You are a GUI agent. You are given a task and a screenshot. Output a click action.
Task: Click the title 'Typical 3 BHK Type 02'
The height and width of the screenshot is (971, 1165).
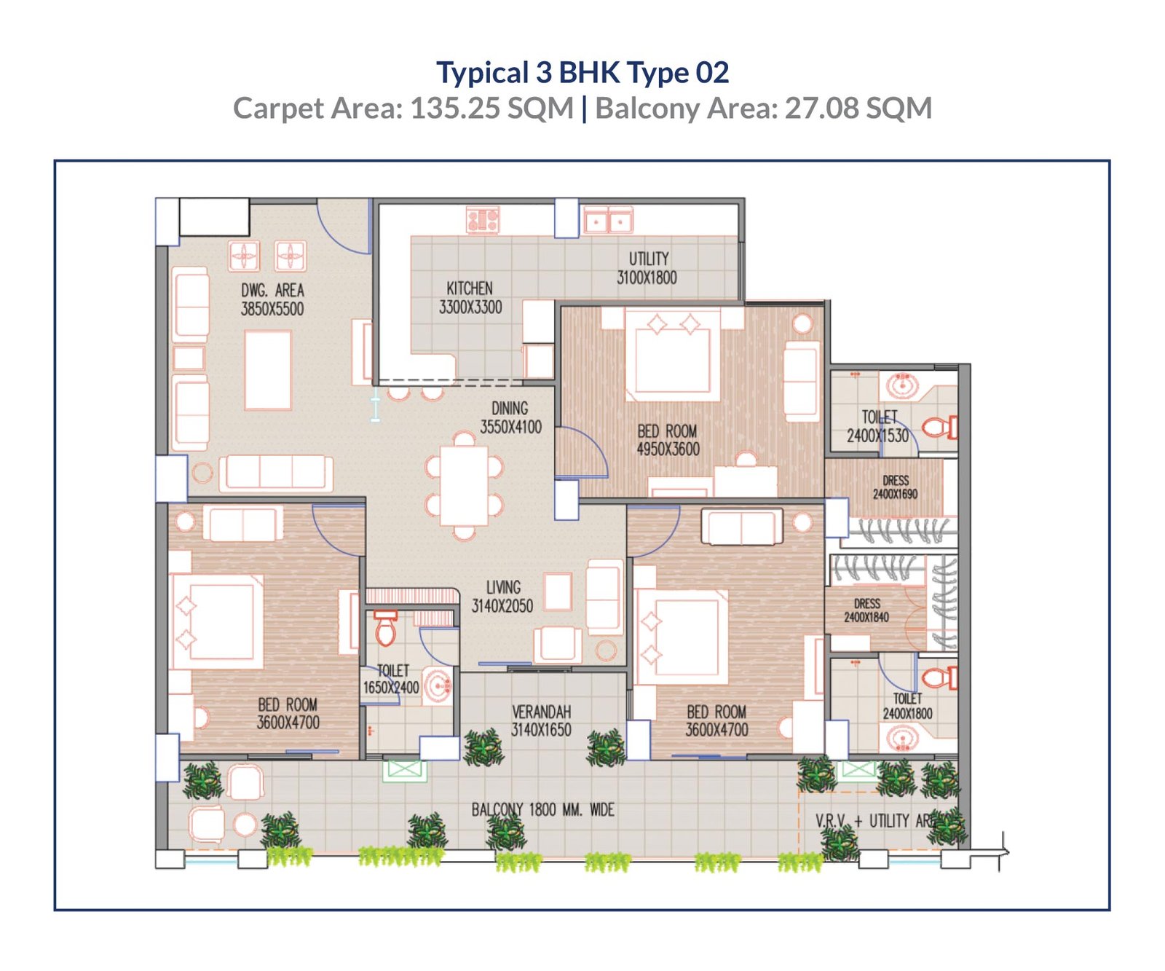point(582,73)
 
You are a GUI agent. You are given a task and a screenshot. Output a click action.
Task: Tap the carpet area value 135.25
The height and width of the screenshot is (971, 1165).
point(455,109)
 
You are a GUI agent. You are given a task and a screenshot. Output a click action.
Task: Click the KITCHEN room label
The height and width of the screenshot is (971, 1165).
point(470,288)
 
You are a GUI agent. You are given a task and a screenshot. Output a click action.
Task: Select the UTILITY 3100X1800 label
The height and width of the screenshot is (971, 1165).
point(647,268)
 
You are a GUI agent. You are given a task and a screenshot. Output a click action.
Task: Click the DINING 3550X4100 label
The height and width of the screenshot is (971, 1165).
point(510,418)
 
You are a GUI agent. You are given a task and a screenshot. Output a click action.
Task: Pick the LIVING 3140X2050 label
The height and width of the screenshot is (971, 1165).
point(502,597)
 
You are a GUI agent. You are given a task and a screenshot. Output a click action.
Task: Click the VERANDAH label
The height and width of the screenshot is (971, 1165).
point(541,712)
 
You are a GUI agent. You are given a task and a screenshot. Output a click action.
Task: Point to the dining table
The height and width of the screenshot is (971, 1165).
point(464,486)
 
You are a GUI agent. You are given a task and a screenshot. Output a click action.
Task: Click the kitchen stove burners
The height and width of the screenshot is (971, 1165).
point(483,219)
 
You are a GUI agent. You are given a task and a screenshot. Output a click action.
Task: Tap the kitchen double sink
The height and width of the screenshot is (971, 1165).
point(608,220)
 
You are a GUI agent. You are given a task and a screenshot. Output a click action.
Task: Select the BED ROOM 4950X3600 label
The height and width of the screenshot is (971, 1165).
point(668,440)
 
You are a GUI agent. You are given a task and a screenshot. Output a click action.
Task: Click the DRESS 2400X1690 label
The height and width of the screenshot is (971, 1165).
point(896,487)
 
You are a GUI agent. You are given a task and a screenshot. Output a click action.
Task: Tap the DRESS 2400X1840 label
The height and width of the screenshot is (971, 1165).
point(866,610)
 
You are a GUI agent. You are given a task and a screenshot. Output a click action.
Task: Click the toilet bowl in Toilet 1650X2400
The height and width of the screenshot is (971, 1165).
point(386,628)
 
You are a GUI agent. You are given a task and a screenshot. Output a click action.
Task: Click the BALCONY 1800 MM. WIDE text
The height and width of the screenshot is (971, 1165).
point(542,809)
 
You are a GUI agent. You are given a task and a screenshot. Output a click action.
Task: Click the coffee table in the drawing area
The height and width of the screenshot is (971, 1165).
point(268,370)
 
